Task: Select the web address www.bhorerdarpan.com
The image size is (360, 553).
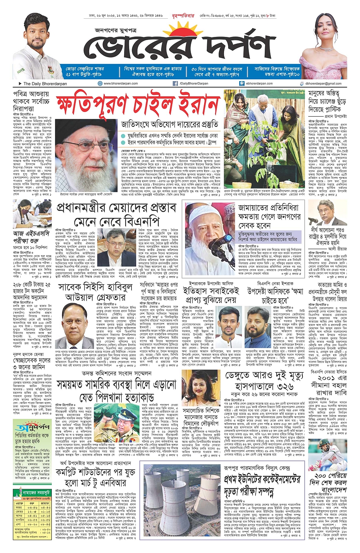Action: [x=119, y=83]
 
